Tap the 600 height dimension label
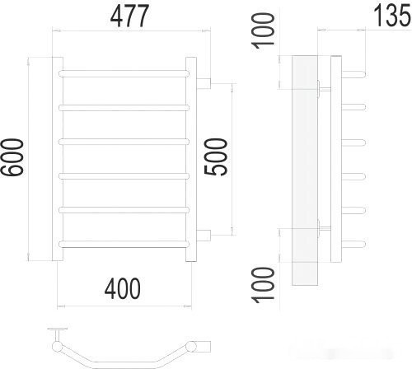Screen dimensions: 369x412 (13, 156)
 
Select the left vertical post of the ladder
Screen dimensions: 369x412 (59, 156)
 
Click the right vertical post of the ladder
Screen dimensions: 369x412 (191, 156)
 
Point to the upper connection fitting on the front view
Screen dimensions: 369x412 (204, 81)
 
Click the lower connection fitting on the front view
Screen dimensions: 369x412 (204, 234)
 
